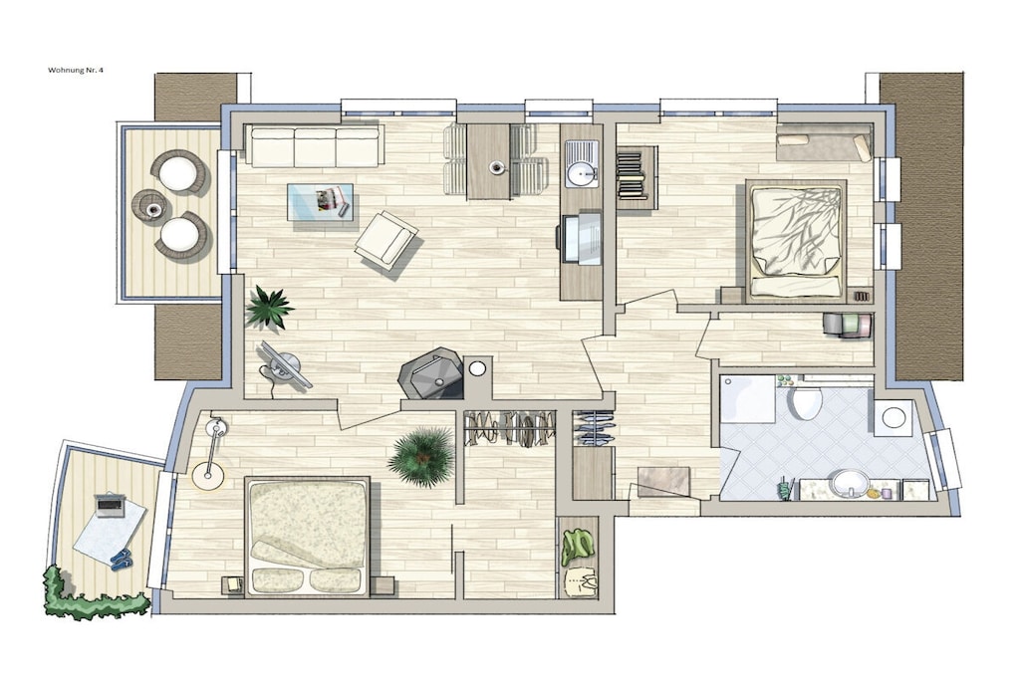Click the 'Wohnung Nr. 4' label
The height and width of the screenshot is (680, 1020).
[x=76, y=71]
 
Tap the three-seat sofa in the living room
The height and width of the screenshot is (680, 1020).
[x=315, y=145]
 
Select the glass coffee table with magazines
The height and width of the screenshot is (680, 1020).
[x=321, y=201]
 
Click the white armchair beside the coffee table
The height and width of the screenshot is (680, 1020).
[x=386, y=240]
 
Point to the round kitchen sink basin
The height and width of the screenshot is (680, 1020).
[x=581, y=173]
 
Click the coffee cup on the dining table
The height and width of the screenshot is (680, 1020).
[x=498, y=167]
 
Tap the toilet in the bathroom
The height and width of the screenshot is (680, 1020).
[x=805, y=400]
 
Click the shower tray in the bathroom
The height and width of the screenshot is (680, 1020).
[x=748, y=399]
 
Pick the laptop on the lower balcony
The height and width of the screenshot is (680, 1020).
[x=110, y=505]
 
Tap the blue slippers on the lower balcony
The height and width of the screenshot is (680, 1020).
[x=122, y=559]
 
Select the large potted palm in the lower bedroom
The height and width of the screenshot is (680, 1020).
[x=422, y=457]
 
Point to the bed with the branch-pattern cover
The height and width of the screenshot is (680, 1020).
[x=796, y=241]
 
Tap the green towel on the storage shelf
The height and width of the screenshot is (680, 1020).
[x=577, y=546]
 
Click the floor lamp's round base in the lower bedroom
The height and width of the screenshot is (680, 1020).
[x=208, y=475]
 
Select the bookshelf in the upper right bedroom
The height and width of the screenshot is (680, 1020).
[x=633, y=173]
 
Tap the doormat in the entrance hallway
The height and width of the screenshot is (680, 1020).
[x=663, y=481]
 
